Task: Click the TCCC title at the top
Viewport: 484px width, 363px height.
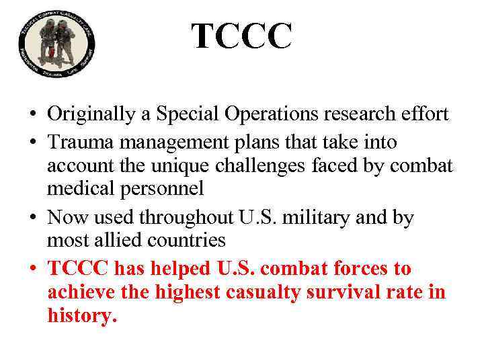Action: point(241,36)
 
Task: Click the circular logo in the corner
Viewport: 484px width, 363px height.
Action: point(57,46)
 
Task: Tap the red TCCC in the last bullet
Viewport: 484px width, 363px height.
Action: point(79,269)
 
